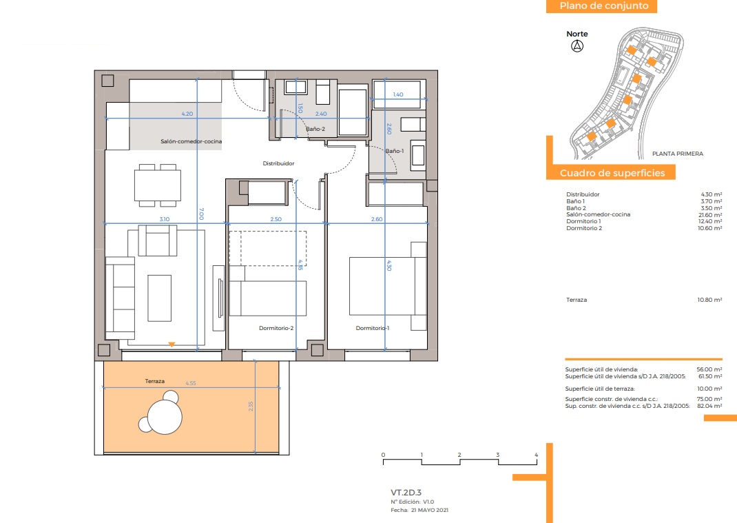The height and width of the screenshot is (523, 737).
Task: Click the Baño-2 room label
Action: [315, 129]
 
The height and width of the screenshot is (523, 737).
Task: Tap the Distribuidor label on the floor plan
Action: [278, 163]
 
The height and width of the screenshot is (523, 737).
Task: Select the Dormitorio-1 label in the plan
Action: [372, 328]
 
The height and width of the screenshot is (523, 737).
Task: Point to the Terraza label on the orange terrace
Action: [155, 381]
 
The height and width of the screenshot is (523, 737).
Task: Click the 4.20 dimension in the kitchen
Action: [187, 114]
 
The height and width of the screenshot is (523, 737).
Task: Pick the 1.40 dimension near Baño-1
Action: [398, 94]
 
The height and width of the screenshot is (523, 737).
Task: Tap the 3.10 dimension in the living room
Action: [165, 219]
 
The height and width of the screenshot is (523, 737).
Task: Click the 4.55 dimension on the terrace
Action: [191, 383]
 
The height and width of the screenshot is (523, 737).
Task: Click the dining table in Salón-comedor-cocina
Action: [158, 185]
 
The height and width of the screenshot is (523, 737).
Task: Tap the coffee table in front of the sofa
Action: [159, 298]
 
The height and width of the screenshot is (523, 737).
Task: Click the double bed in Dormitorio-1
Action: [382, 286]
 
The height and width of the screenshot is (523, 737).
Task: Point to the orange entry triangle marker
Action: [172, 345]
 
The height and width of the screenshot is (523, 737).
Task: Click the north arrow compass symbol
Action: [577, 45]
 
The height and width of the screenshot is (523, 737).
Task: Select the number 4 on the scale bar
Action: [536, 455]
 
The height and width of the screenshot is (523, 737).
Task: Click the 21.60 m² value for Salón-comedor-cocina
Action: [711, 215]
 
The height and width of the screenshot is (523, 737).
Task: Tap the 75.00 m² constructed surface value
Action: [709, 399]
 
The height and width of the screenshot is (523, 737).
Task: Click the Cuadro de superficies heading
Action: [612, 173]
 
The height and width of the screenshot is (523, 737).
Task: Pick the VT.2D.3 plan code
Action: [406, 493]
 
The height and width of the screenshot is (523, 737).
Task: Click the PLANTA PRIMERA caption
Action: [678, 154]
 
